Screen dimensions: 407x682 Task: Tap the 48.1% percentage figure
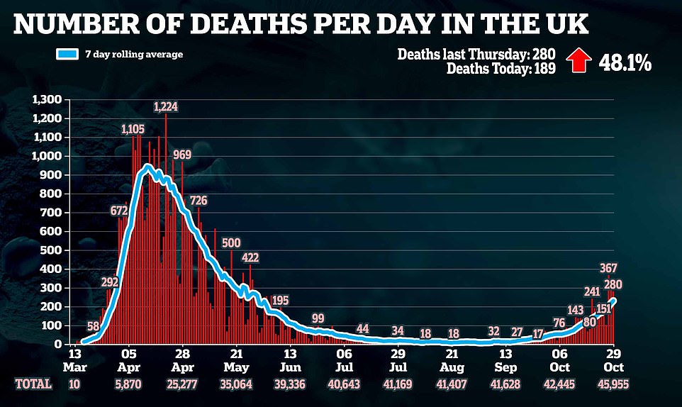pyautogui.click(x=625, y=62)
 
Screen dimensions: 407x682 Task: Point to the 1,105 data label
pyautogui.click(x=133, y=129)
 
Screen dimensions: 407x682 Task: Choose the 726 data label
pyautogui.click(x=197, y=201)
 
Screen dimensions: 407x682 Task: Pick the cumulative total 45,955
pyautogui.click(x=613, y=384)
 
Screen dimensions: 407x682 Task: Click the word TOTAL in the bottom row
pyautogui.click(x=33, y=384)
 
